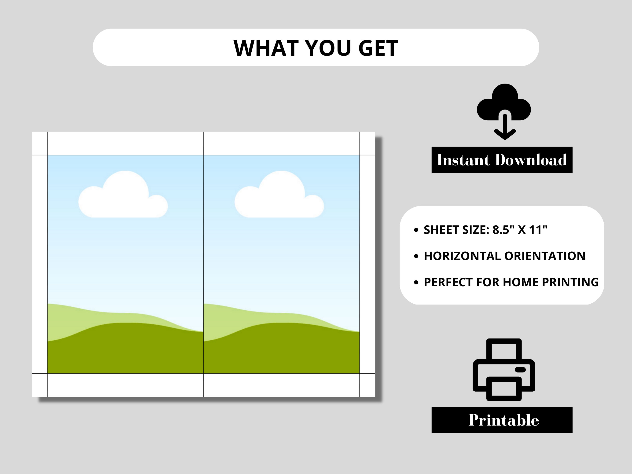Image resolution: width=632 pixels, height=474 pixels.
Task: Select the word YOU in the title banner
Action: pos(327,48)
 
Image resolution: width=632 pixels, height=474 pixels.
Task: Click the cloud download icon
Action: pos(504,112)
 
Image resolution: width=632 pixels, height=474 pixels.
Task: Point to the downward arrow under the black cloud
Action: pos(505,127)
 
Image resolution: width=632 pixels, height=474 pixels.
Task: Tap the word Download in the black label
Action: pos(531,160)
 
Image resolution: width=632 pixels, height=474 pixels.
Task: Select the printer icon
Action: pos(504,370)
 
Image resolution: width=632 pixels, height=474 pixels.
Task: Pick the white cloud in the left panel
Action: pos(123,194)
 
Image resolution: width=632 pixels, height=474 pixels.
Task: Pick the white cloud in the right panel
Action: pos(279,194)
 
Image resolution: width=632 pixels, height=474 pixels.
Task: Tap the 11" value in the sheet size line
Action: pos(538,230)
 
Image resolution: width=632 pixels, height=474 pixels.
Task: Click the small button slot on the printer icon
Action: pos(520,370)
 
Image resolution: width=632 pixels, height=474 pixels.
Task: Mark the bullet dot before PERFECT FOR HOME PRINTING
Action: pos(416,283)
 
